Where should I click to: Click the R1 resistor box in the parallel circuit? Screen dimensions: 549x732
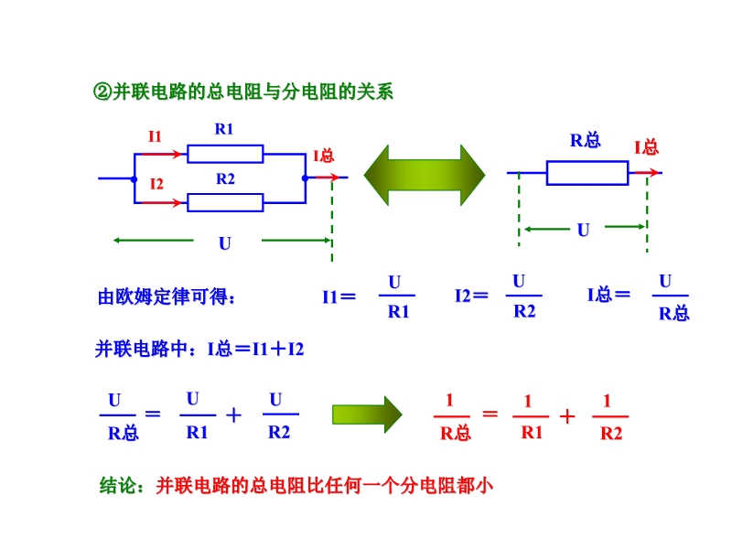pyautogui.click(x=225, y=154)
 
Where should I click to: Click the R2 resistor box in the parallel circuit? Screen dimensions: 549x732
pyautogui.click(x=225, y=202)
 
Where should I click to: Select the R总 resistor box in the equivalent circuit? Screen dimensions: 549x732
pyautogui.click(x=587, y=173)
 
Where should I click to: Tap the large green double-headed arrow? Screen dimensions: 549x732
pyautogui.click(x=425, y=175)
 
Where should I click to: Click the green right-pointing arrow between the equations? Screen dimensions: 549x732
pyautogui.click(x=366, y=414)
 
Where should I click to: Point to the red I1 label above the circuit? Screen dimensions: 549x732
pyautogui.click(x=155, y=136)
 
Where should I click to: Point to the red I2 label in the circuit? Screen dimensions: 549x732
pyautogui.click(x=156, y=184)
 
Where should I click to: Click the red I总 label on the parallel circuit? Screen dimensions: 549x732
pyautogui.click(x=324, y=156)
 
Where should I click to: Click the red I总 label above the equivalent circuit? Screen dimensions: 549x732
pyautogui.click(x=646, y=147)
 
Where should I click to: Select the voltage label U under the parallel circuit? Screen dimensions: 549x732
pyautogui.click(x=224, y=243)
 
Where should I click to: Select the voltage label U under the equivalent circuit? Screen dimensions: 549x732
pyautogui.click(x=583, y=231)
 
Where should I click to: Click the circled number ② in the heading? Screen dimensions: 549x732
pyautogui.click(x=102, y=91)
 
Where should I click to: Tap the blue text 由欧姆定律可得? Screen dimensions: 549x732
pyautogui.click(x=167, y=297)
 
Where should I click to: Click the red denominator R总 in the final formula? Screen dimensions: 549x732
pyautogui.click(x=455, y=434)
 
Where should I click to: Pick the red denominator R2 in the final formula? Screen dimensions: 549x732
pyautogui.click(x=611, y=434)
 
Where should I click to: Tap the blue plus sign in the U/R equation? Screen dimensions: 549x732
pyautogui.click(x=233, y=414)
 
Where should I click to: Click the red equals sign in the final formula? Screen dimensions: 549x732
pyautogui.click(x=490, y=414)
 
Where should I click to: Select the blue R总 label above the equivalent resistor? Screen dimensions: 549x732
pyautogui.click(x=586, y=140)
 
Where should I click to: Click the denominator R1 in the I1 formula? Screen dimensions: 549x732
pyautogui.click(x=398, y=312)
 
